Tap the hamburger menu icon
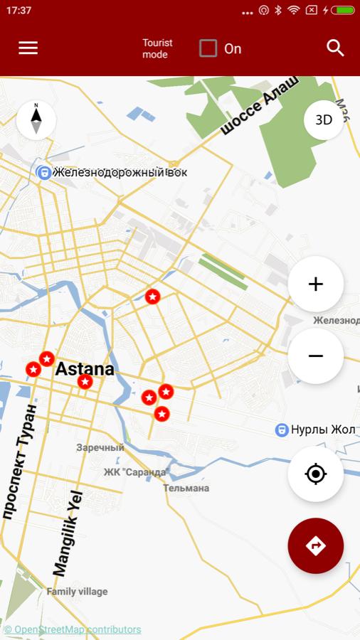pos(28,48)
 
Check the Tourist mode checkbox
pos(208,48)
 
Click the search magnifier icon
pos(335,48)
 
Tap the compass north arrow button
pos(36,119)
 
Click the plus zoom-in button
pos(316,284)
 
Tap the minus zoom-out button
pos(316,356)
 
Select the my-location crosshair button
pos(316,474)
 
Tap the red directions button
pos(316,545)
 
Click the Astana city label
pos(85,369)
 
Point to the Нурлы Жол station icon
pos(282,430)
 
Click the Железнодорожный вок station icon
pos(44,172)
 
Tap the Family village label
pos(77,591)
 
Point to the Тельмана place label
pos(186,488)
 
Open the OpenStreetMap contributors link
pos(73,629)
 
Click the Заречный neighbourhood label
pos(100,447)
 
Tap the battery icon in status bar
pos(342,11)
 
